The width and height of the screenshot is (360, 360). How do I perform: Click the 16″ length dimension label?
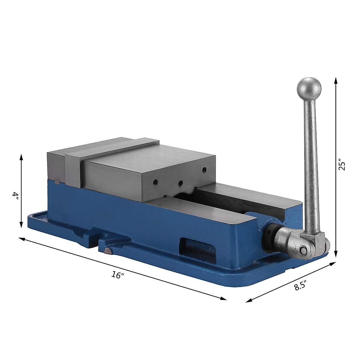click(117, 275)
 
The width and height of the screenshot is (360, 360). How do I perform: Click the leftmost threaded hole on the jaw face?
click(155, 182)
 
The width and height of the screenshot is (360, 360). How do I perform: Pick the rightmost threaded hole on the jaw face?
click(204, 170)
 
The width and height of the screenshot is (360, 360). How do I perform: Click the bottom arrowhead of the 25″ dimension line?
click(336, 254)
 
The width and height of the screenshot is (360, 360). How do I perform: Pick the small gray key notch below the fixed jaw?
click(57, 181)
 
